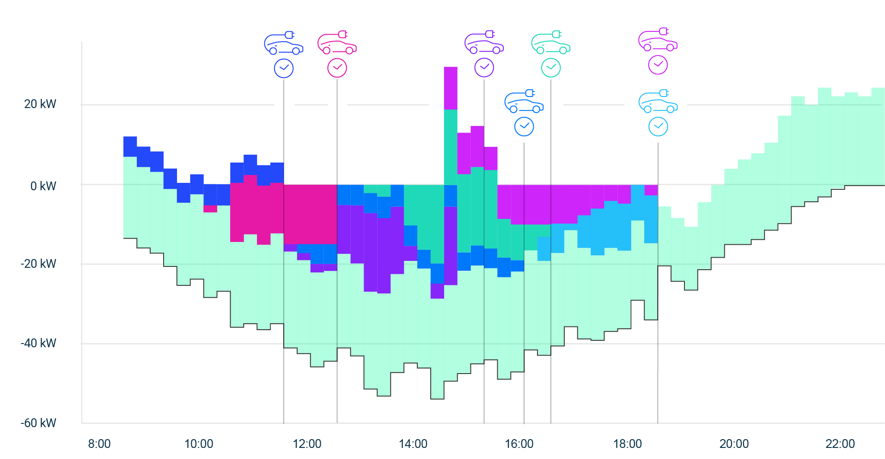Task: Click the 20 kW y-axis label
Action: point(40,104)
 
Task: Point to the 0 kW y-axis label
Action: point(43,186)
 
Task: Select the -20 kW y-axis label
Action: point(38,264)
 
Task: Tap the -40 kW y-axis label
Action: point(38,343)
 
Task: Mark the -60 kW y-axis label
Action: point(38,423)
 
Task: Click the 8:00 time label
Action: point(99,444)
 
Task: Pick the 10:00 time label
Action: point(199,444)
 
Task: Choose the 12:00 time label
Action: point(307,444)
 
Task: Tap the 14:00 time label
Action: point(413,444)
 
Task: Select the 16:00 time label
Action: point(519,444)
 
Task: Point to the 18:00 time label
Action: point(627,444)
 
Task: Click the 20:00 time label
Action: point(734,444)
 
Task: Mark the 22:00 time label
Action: point(840,444)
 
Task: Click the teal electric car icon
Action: point(551,43)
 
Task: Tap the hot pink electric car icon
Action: point(337,43)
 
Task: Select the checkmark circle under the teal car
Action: point(551,68)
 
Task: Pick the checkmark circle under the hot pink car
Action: point(337,68)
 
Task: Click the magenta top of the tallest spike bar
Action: point(451,88)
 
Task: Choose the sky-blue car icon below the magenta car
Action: point(658,102)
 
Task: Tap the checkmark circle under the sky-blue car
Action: point(658,127)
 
